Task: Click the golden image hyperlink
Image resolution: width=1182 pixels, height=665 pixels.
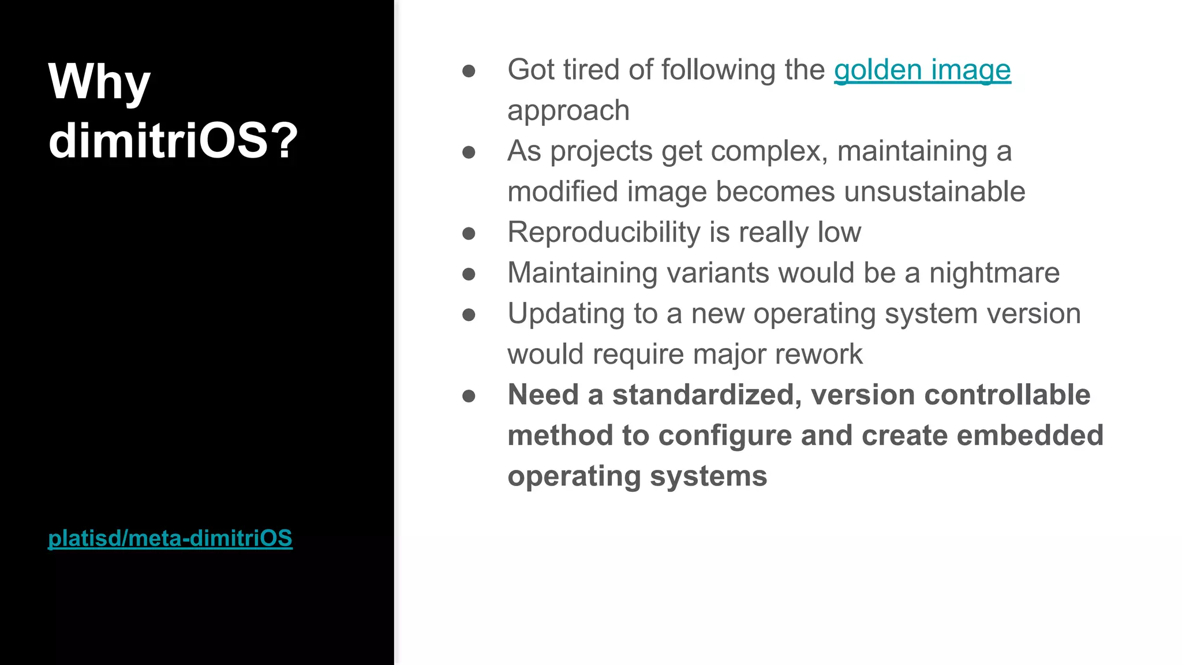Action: click(922, 70)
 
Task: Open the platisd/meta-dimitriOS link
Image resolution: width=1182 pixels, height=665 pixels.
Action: click(170, 538)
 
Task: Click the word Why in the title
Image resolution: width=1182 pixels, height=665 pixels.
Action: click(99, 83)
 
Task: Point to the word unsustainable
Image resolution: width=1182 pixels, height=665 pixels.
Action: click(934, 192)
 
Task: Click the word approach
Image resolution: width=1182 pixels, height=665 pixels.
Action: click(568, 111)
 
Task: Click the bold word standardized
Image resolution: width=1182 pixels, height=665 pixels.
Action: click(706, 395)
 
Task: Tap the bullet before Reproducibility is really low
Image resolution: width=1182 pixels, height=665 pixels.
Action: click(469, 233)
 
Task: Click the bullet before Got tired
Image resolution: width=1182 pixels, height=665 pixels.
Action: click(469, 71)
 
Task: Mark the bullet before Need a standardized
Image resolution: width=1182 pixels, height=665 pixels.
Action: click(469, 396)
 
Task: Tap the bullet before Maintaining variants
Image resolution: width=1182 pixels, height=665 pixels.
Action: click(469, 274)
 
